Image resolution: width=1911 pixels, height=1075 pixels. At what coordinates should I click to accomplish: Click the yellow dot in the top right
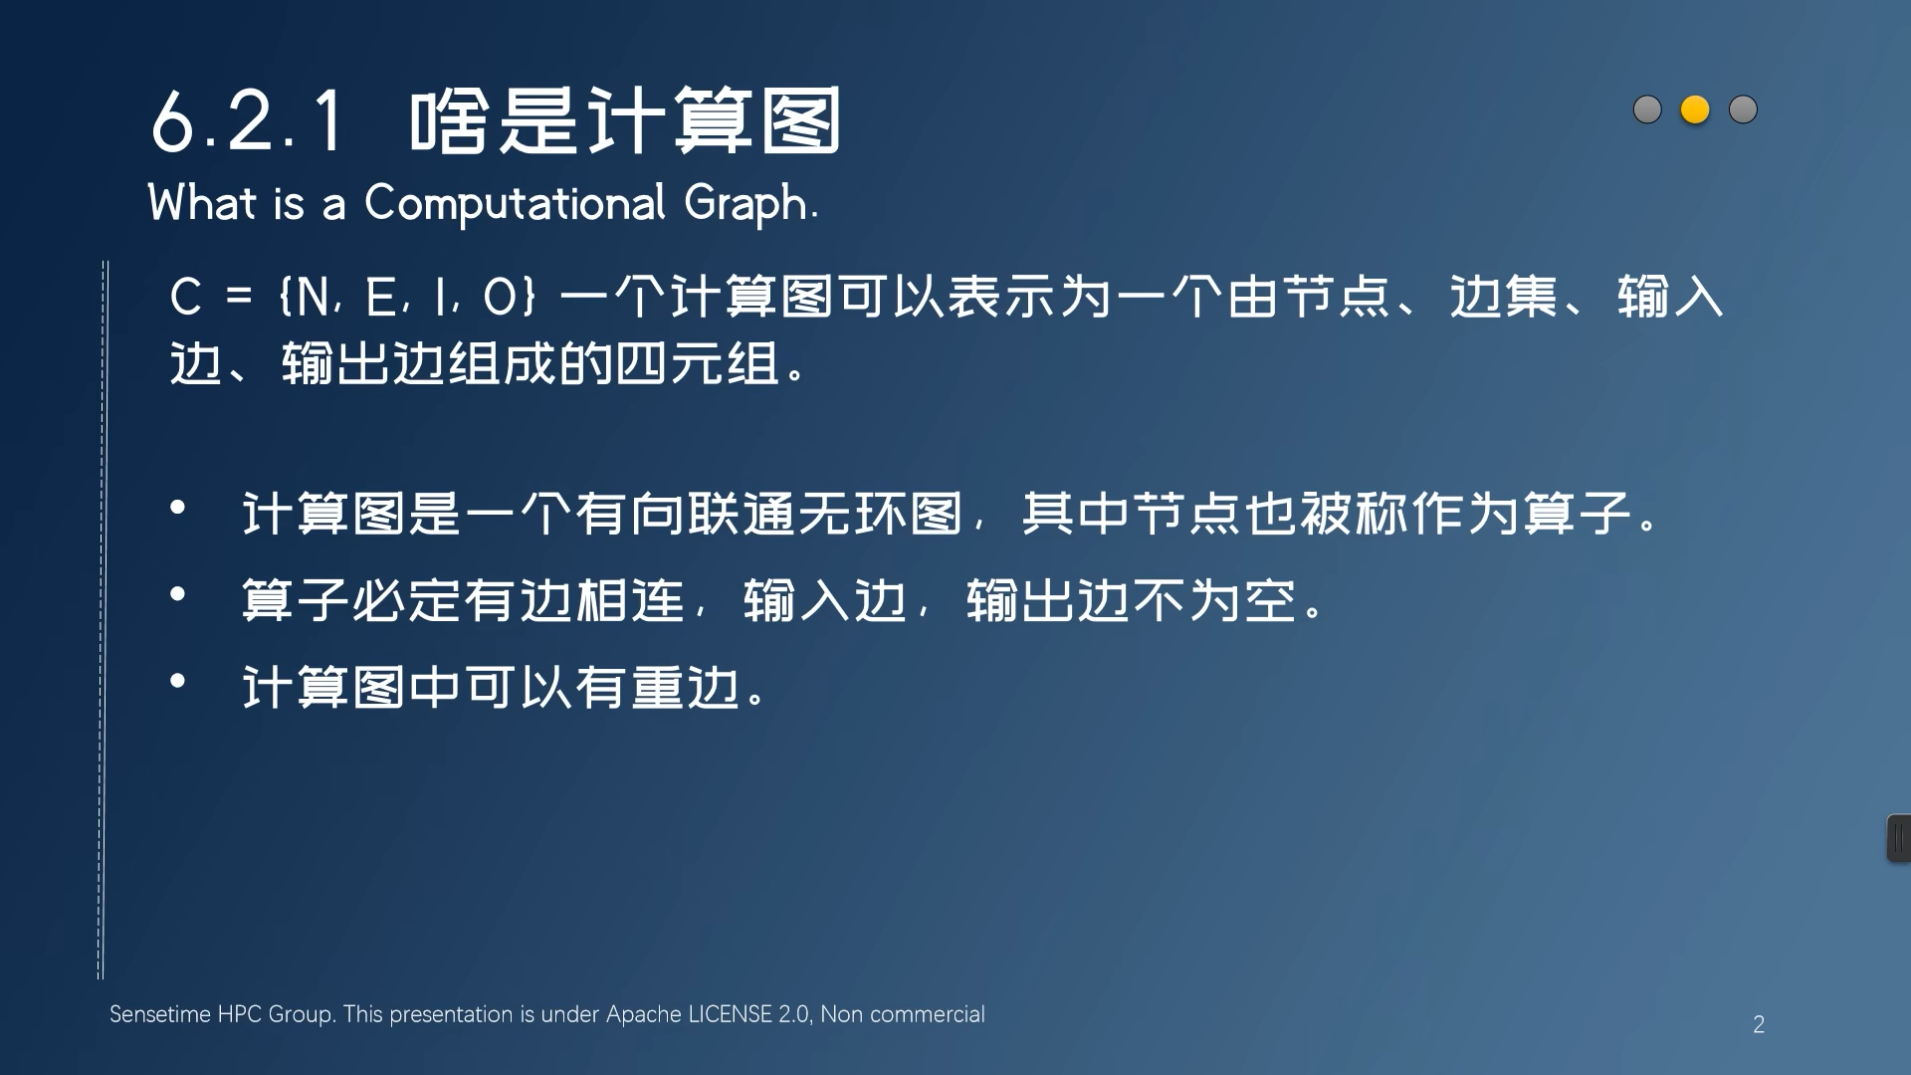coord(1695,109)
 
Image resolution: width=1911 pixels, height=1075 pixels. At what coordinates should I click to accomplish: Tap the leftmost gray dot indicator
coord(1647,109)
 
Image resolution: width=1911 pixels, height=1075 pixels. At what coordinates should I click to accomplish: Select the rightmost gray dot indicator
coord(1743,109)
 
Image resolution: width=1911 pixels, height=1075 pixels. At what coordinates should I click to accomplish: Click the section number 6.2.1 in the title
coord(248,122)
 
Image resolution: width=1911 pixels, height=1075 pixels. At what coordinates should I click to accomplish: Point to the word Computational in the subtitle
coord(515,204)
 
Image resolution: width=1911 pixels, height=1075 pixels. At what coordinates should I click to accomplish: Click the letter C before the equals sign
coord(186,298)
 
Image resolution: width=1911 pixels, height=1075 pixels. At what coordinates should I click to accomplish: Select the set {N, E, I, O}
coord(408,298)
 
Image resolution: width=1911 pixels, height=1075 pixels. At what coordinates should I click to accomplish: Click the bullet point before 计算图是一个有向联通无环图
coord(178,508)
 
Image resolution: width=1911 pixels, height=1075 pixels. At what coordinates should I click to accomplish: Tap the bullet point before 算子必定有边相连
coord(178,595)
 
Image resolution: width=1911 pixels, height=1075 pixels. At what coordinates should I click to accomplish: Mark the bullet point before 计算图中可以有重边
coord(178,682)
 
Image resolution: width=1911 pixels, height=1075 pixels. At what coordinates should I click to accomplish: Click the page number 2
coord(1759,1025)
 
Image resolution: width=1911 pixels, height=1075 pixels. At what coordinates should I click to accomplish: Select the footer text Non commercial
coord(902,1014)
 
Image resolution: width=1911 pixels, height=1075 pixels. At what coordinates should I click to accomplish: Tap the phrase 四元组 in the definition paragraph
coord(697,363)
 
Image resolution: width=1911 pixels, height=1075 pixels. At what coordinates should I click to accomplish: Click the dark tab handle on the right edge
coord(1899,838)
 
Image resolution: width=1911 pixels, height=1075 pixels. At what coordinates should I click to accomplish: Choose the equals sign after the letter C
coord(239,298)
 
